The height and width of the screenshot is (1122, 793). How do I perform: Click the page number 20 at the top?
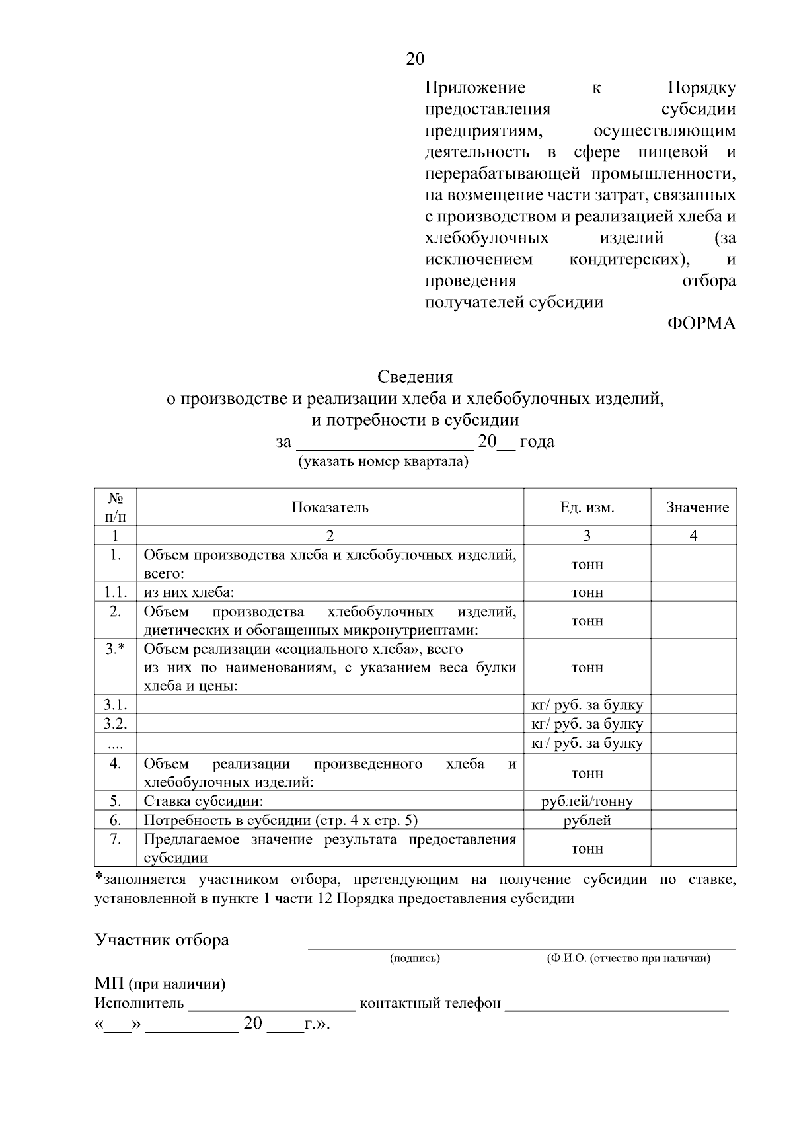(x=415, y=60)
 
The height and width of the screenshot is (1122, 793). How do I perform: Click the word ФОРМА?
(x=700, y=324)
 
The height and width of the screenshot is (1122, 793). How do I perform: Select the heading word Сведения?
(x=415, y=377)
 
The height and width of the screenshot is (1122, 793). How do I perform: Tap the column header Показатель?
(x=330, y=508)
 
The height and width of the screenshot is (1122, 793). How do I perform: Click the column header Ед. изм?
(x=587, y=508)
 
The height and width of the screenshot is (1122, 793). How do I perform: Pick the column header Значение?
(x=697, y=508)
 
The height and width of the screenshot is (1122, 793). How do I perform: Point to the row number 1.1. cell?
(x=115, y=592)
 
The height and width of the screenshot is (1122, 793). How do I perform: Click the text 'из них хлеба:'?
(x=190, y=592)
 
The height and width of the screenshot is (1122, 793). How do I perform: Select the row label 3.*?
(x=115, y=649)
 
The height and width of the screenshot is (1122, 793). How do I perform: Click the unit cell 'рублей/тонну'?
(x=587, y=801)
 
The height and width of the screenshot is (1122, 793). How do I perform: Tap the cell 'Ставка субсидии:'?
(x=204, y=801)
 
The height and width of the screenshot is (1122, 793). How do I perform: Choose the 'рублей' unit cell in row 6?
(x=587, y=821)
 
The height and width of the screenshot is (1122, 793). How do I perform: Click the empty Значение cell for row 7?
(x=693, y=848)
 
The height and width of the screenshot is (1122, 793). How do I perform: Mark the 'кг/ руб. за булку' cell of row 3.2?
(x=587, y=724)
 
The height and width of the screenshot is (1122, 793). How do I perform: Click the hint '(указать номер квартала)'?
(x=383, y=461)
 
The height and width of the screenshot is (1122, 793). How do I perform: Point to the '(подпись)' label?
(x=415, y=958)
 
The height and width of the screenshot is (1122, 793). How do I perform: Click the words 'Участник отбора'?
(x=162, y=940)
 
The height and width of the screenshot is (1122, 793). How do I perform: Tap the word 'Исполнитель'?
(x=139, y=1003)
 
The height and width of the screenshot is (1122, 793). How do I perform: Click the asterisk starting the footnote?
(x=99, y=879)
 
